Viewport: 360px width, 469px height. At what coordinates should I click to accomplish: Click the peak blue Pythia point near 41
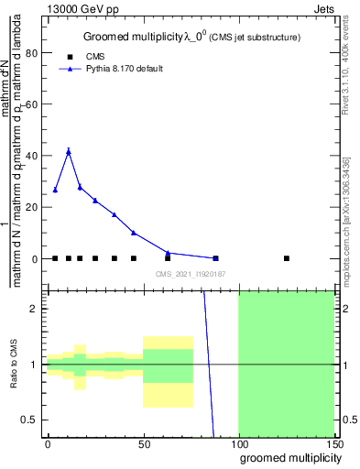pyautogui.click(x=68, y=151)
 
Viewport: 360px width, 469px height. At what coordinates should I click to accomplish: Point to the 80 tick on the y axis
pyautogui.click(x=34, y=52)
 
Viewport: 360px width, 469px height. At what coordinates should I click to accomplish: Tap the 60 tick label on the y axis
pyautogui.click(x=34, y=104)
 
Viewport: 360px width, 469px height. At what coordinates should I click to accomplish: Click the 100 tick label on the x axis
pyautogui.click(x=238, y=443)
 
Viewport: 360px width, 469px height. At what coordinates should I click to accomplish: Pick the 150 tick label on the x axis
pyautogui.click(x=333, y=443)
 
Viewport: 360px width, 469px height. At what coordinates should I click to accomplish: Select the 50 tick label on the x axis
pyautogui.click(x=143, y=443)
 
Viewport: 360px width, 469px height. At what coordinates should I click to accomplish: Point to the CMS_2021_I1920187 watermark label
pyautogui.click(x=190, y=273)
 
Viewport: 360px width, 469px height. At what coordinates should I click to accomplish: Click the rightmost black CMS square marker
pyautogui.click(x=287, y=258)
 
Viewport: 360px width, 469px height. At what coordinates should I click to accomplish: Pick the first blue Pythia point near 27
pyautogui.click(x=56, y=190)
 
